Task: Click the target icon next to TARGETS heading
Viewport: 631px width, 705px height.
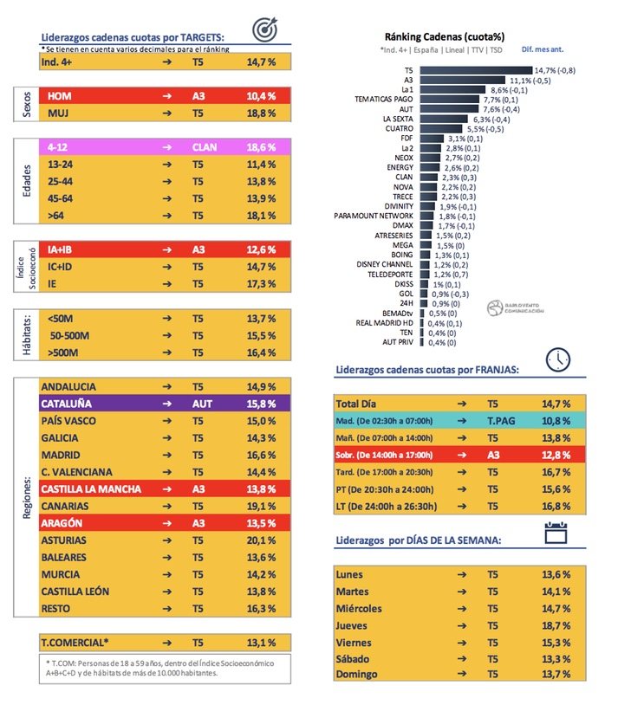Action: pos(266,30)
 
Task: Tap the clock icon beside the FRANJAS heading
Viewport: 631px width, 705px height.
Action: pos(558,358)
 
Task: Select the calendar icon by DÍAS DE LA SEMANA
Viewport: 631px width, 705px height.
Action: pos(556,533)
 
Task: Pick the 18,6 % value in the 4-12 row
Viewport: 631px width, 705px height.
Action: pos(261,148)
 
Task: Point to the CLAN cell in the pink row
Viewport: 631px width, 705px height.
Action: pos(205,148)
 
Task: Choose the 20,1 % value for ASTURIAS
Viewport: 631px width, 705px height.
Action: pos(261,540)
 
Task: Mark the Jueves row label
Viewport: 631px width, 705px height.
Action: pos(352,625)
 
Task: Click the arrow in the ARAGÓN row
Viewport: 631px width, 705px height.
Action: pos(166,523)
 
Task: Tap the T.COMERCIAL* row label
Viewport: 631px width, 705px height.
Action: pos(75,643)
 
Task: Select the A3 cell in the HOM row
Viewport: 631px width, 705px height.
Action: pos(198,95)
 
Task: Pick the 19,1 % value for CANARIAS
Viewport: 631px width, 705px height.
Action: pos(261,506)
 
